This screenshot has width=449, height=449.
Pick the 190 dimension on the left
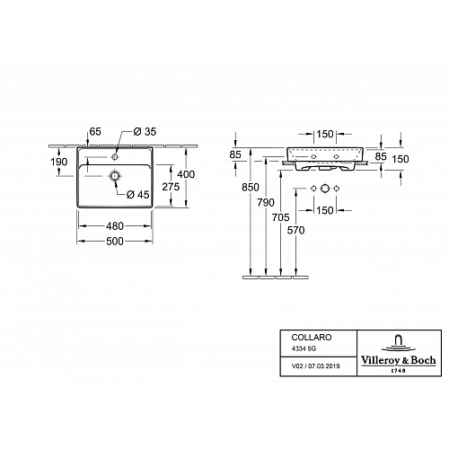60,163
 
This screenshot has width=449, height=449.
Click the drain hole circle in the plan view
115,175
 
